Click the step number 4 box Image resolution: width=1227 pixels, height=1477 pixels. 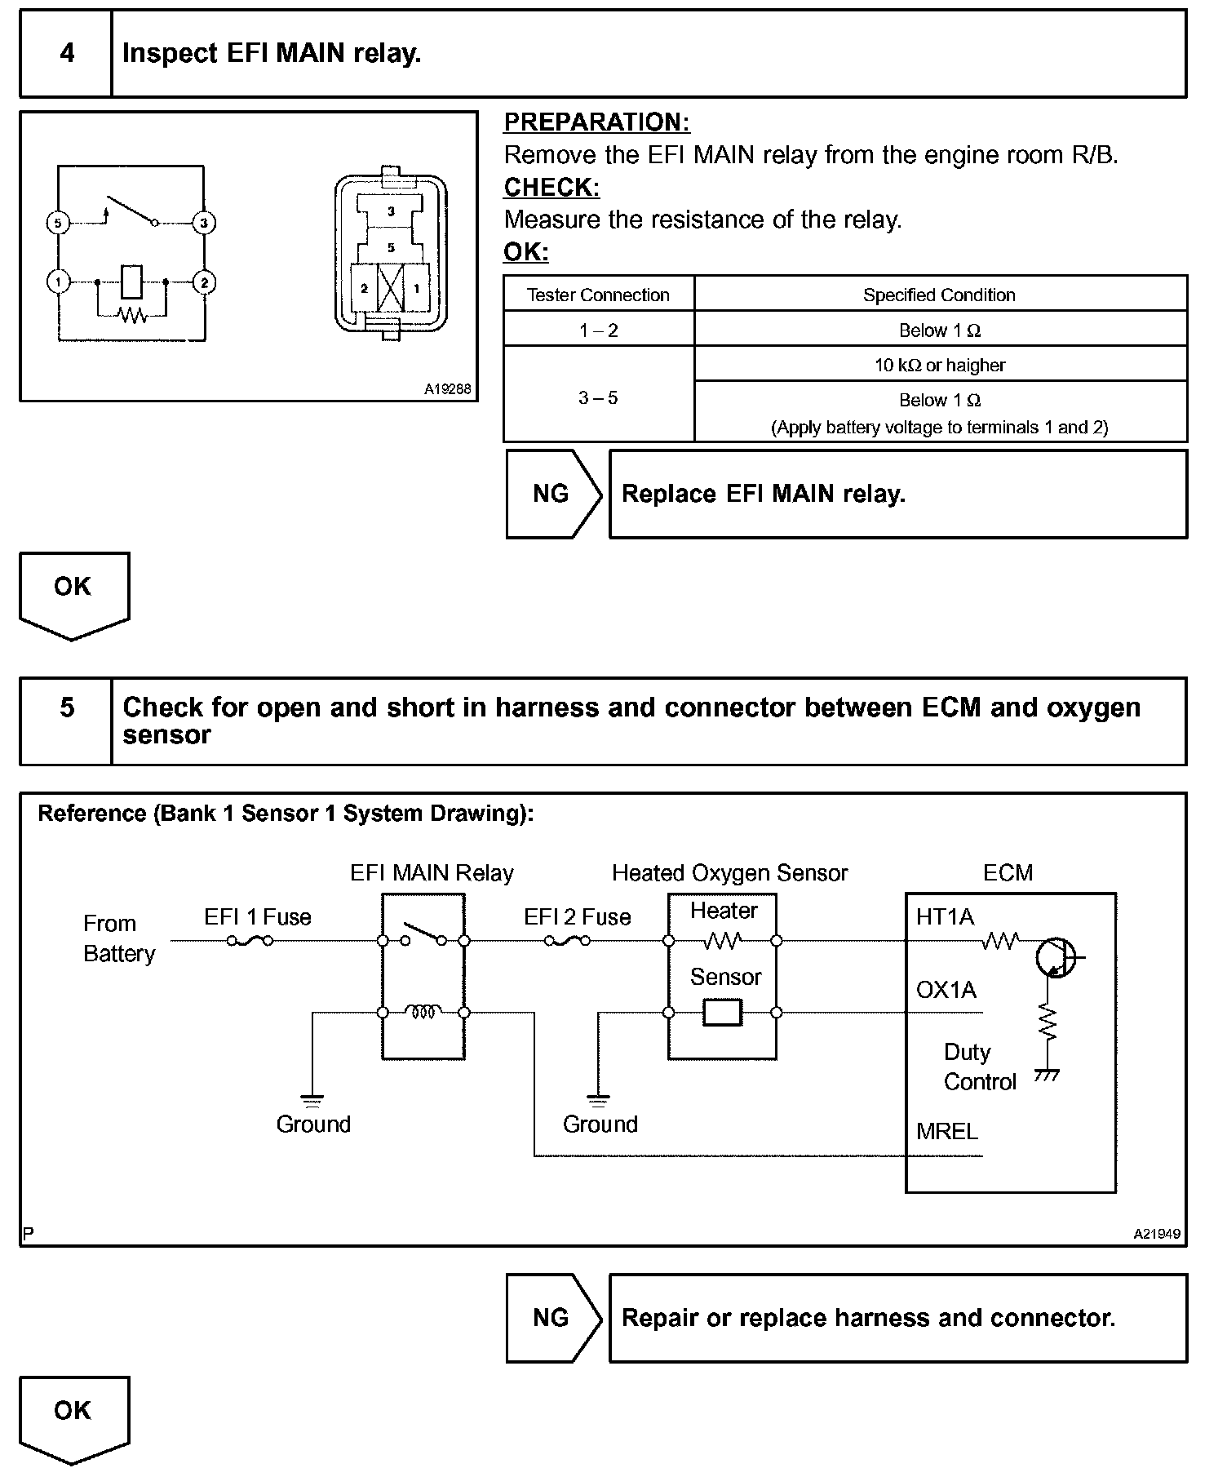pos(66,54)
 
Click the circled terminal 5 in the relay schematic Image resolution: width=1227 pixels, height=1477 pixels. pos(58,222)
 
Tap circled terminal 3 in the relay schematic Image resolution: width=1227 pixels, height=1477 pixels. pos(203,222)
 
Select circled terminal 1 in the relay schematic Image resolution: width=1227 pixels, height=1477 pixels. pos(58,282)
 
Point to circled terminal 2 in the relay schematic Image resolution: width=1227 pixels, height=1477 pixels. pos(203,282)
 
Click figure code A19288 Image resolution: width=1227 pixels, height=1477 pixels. pos(447,389)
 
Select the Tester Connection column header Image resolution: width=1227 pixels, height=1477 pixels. pos(598,295)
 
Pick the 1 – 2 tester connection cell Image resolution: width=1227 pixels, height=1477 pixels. pos(599,330)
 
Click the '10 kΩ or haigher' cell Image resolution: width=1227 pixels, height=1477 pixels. pos(940,365)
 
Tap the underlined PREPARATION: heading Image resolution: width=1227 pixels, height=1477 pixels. pos(596,122)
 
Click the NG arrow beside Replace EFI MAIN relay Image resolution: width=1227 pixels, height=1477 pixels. pos(551,494)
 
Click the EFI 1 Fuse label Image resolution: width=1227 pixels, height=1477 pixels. pos(258,917)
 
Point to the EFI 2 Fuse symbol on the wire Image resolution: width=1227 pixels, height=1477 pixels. pos(567,941)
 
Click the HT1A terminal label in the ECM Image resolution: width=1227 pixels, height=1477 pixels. pos(945,917)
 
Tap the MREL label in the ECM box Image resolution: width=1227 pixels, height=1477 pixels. pos(946,1131)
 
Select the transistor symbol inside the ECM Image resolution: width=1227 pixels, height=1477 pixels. pos(1056,956)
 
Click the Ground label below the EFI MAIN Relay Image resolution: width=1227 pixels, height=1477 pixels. pos(313,1124)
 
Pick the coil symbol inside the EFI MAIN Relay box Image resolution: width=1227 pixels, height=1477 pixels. pos(423,1012)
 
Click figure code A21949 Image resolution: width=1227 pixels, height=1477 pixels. pos(1156,1234)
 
